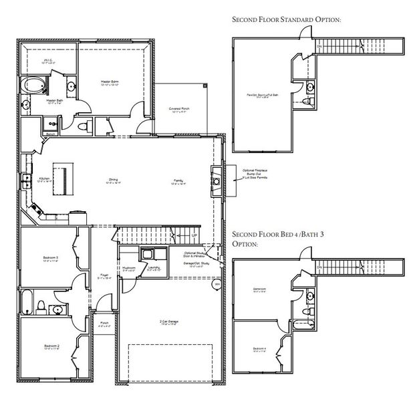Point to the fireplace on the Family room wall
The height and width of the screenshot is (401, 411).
point(217,179)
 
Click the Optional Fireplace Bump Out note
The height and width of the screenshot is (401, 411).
point(254,174)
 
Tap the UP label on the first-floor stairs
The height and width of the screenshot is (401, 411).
point(194,236)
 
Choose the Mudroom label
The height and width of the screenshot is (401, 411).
point(131,269)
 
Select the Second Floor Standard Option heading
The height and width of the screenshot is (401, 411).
point(287,20)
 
